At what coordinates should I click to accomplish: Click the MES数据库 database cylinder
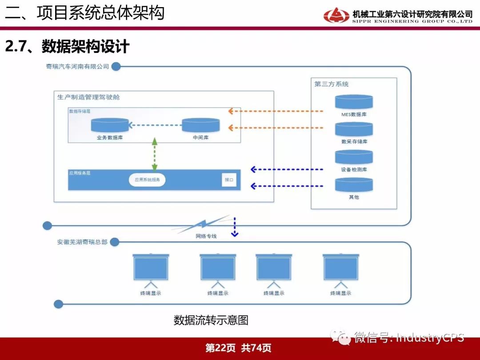[354, 102]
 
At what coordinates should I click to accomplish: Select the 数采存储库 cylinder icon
[354, 129]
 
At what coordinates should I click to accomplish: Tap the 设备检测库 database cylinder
[354, 157]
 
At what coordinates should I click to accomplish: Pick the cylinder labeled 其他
[354, 184]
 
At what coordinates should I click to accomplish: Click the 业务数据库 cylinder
[110, 125]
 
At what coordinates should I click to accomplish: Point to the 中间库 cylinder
[201, 125]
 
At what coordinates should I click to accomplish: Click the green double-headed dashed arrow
[155, 155]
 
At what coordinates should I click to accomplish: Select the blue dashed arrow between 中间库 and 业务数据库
[155, 126]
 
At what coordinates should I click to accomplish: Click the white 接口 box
[229, 180]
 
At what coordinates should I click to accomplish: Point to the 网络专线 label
[206, 236]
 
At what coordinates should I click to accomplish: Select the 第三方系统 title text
[332, 84]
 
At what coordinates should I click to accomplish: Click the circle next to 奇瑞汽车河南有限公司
[116, 67]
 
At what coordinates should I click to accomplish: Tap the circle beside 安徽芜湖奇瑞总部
[114, 242]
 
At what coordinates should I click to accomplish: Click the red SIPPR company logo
[336, 15]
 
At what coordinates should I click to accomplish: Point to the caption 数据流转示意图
[211, 320]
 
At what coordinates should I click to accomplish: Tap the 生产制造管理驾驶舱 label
[88, 97]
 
